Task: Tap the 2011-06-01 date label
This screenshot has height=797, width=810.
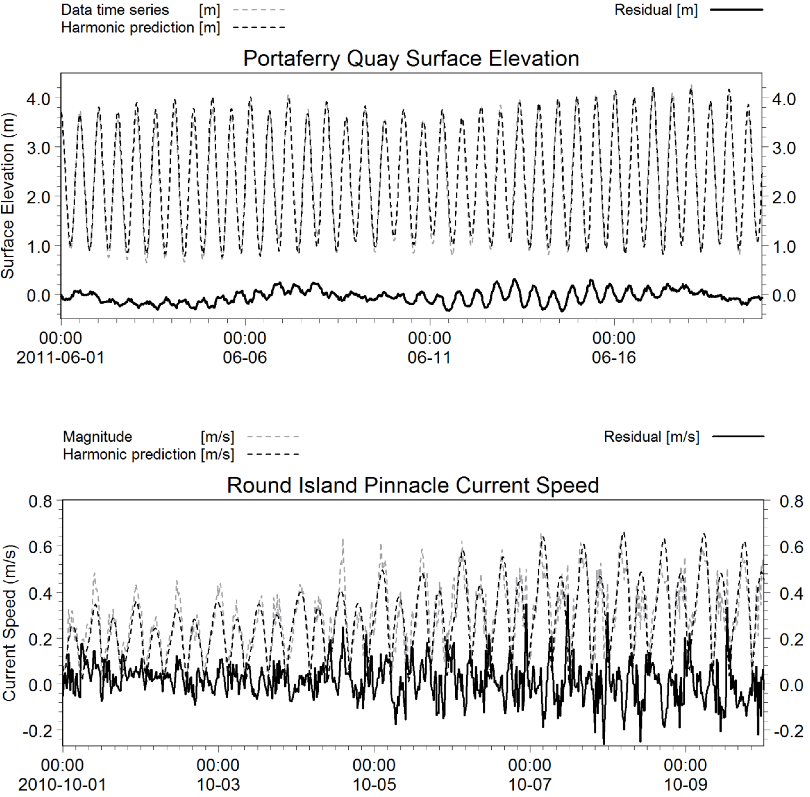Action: pyautogui.click(x=60, y=358)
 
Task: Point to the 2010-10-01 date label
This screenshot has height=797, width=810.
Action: pyautogui.click(x=62, y=784)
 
